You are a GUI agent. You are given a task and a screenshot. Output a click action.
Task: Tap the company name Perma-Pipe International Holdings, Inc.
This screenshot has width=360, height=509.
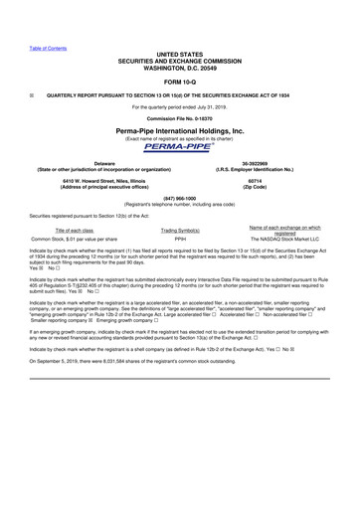coord(180,130)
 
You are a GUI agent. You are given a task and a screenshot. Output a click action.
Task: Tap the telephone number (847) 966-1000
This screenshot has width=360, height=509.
coord(180,198)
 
